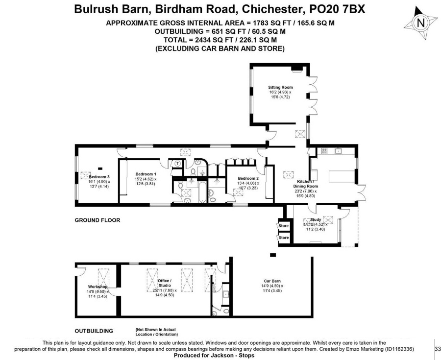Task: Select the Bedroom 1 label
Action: pos(146,174)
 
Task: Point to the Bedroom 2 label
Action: pos(248,178)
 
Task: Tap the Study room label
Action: pos(316,220)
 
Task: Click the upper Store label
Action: pos(283,226)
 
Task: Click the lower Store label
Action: pos(283,238)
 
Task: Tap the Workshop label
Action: pos(98,287)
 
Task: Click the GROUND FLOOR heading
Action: pos(97,220)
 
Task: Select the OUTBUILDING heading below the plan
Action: pos(94,331)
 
